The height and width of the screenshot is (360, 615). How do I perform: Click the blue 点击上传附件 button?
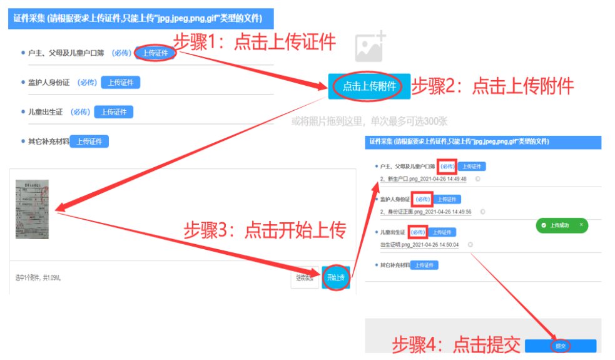coord(368,86)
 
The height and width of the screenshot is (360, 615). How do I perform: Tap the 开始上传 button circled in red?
coord(336,277)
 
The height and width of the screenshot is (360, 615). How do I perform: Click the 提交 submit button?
coord(560,346)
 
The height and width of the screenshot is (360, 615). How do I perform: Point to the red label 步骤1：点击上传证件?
coord(254,42)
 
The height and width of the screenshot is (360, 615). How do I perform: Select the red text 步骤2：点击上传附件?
coord(492,86)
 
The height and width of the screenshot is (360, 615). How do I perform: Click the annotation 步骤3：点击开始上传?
coord(265,230)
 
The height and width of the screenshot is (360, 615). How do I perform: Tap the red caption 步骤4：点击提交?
coord(456,344)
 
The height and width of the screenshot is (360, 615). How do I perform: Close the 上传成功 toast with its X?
coord(581,224)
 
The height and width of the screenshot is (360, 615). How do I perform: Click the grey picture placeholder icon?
coord(370,47)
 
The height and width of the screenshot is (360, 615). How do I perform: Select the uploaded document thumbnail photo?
coord(32,210)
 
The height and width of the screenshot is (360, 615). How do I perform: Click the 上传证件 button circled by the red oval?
coord(155,53)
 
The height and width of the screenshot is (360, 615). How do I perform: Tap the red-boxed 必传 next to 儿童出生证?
coord(417,232)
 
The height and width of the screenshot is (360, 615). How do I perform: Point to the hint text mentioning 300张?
coord(369,121)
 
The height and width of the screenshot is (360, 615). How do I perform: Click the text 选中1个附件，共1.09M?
coord(38,277)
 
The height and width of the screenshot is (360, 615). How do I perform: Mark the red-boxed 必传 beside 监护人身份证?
coord(422,199)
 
